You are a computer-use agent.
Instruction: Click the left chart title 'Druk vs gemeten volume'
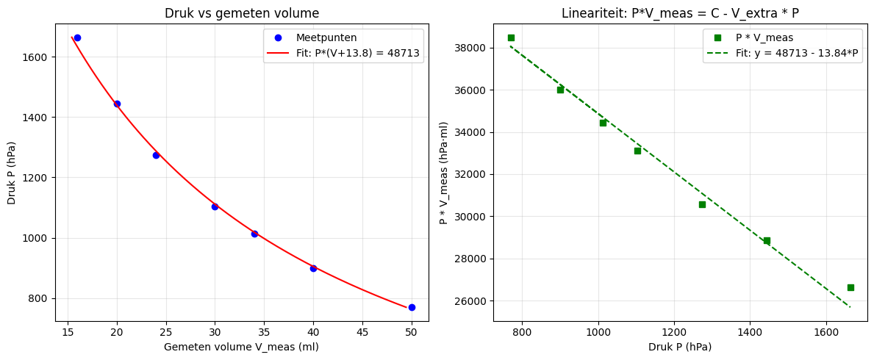242,13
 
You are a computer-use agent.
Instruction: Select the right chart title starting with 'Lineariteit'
681,13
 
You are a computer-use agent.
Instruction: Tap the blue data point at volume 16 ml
77,37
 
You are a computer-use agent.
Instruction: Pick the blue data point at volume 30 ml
215,206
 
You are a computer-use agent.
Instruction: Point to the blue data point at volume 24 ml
156,155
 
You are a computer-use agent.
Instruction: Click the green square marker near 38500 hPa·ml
511,37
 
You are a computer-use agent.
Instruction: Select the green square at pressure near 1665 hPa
850,287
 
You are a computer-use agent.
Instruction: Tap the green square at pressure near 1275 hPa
702,204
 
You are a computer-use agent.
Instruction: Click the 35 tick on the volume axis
264,331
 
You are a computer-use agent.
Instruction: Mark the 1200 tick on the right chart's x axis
674,331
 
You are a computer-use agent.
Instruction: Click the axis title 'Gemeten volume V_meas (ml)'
241,346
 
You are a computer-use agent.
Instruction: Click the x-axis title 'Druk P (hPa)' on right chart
681,346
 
